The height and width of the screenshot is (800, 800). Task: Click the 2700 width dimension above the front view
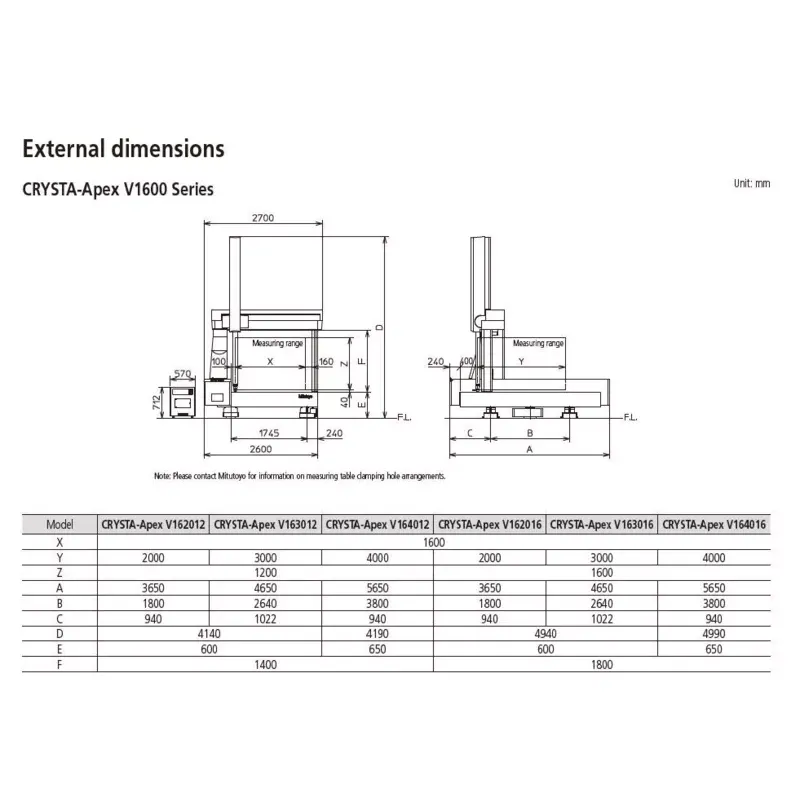point(263,218)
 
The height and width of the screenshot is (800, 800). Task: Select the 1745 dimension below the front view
point(269,433)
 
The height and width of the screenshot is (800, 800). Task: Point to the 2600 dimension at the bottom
point(261,449)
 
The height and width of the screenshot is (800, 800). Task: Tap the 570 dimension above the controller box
point(182,373)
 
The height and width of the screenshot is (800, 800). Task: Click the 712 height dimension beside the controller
point(157,402)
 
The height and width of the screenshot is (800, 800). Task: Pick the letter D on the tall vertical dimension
point(379,327)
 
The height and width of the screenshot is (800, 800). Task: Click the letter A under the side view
point(530,449)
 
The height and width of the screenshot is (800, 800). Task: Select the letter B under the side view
point(530,433)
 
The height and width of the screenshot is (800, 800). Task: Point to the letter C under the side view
point(470,433)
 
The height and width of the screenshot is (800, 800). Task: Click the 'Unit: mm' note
point(752,184)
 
